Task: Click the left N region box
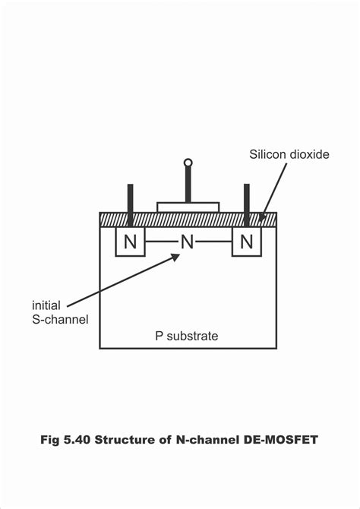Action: [130, 242]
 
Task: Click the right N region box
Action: [245, 242]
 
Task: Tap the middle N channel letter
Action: [188, 242]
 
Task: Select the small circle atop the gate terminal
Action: [188, 162]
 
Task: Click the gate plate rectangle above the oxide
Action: [188, 207]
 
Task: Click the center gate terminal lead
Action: [188, 184]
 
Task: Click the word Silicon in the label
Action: [267, 155]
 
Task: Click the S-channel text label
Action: [60, 319]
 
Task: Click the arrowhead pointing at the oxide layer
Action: [263, 218]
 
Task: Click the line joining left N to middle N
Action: [160, 242]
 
